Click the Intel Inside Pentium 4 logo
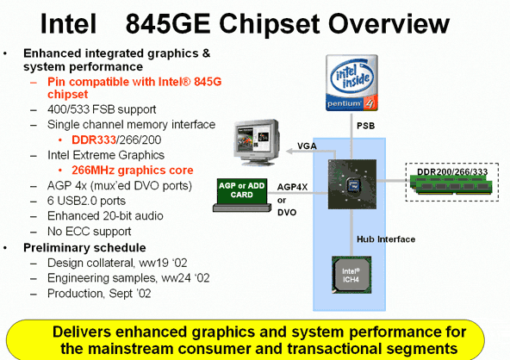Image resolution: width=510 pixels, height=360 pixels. [x=352, y=83]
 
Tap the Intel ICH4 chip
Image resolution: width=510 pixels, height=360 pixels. [x=351, y=275]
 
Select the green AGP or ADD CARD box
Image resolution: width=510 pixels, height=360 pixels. [x=242, y=191]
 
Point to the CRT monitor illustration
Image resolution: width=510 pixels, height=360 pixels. [x=257, y=142]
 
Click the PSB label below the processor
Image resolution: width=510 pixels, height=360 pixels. [x=365, y=126]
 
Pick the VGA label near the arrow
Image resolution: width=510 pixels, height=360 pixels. [x=307, y=146]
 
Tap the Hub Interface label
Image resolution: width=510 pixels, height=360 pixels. [x=386, y=239]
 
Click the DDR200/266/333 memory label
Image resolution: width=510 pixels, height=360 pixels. [x=452, y=171]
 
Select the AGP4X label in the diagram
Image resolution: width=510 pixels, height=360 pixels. [x=292, y=187]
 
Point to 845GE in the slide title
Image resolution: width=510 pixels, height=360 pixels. [x=168, y=24]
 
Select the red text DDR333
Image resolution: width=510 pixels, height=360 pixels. [x=94, y=140]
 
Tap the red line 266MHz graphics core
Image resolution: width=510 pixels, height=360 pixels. [x=133, y=171]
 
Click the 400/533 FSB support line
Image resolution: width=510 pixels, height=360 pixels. [x=102, y=109]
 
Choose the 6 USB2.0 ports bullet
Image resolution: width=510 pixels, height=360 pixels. [x=86, y=201]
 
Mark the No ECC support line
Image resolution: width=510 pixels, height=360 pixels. [x=89, y=232]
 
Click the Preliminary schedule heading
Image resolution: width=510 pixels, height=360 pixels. [x=84, y=248]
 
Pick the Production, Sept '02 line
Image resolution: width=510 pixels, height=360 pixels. [x=99, y=294]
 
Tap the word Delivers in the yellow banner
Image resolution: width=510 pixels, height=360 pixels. [x=81, y=332]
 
